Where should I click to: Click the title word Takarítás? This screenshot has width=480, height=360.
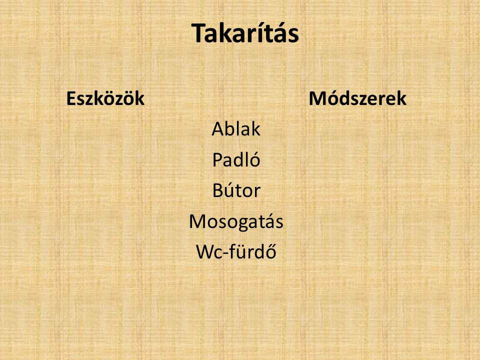coord(245,33)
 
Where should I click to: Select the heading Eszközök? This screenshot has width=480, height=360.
coord(105,98)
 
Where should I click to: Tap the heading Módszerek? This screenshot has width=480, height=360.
coord(357,98)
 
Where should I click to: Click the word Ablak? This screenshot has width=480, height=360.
coord(236,128)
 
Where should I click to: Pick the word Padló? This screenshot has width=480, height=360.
coord(236,159)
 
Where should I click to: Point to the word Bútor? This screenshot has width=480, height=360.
coord(236,190)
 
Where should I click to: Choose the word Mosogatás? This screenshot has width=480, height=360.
coord(236,221)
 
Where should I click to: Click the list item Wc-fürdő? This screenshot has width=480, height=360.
coord(236,251)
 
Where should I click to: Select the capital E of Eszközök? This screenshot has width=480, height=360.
coord(71,98)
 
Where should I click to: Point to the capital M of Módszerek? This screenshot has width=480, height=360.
coord(318,98)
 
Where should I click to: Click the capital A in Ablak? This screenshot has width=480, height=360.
coord(218,129)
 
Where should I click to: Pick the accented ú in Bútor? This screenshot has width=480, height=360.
coord(231,190)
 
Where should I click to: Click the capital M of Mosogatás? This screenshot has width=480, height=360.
coord(198,221)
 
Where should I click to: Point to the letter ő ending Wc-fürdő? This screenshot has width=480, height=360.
coord(270,251)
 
